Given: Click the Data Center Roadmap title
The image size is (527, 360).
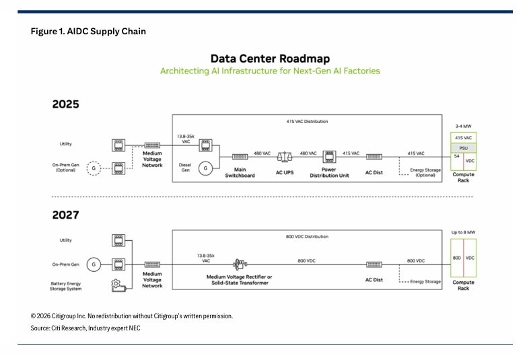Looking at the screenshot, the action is [270, 59].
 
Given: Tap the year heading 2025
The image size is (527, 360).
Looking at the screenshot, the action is [65, 104].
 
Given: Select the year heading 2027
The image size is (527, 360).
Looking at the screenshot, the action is [65, 215].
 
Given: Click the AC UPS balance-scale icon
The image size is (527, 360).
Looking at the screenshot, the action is [285, 157].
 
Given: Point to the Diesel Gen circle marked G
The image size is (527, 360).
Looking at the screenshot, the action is [205, 168].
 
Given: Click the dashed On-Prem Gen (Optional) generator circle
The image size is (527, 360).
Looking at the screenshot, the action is [94, 168].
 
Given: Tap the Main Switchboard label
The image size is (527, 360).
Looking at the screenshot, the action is [240, 172].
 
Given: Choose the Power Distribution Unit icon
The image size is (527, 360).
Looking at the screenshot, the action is [329, 157].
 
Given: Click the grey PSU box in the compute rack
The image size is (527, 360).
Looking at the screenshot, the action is [463, 148].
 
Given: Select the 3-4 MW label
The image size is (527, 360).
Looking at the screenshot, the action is [463, 127].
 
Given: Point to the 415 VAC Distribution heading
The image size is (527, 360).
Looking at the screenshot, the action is [307, 121].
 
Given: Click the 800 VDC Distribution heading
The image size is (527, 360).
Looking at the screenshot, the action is [307, 237].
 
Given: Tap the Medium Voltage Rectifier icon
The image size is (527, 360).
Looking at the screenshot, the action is [240, 264].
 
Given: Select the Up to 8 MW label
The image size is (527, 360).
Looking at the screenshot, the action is [463, 232].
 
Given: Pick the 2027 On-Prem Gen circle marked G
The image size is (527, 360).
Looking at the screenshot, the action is [94, 264].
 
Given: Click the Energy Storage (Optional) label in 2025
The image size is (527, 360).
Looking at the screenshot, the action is [425, 172].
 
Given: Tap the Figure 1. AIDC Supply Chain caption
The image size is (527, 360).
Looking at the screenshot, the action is [88, 31].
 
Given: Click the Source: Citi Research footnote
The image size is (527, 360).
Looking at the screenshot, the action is [85, 328].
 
